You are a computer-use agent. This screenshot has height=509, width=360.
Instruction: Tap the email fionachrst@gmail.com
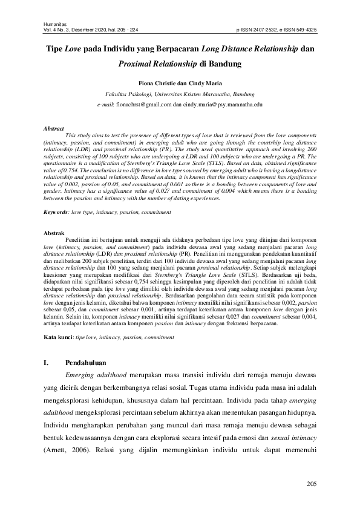(144, 105)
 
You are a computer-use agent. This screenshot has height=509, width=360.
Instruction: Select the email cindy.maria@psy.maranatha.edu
(221, 105)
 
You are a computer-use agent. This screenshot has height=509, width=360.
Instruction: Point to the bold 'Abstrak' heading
(56, 232)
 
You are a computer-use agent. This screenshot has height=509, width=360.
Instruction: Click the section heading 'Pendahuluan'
(85, 364)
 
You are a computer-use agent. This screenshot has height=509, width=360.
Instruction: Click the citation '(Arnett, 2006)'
(67, 451)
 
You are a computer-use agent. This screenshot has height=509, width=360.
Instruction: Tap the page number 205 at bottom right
(312, 483)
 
